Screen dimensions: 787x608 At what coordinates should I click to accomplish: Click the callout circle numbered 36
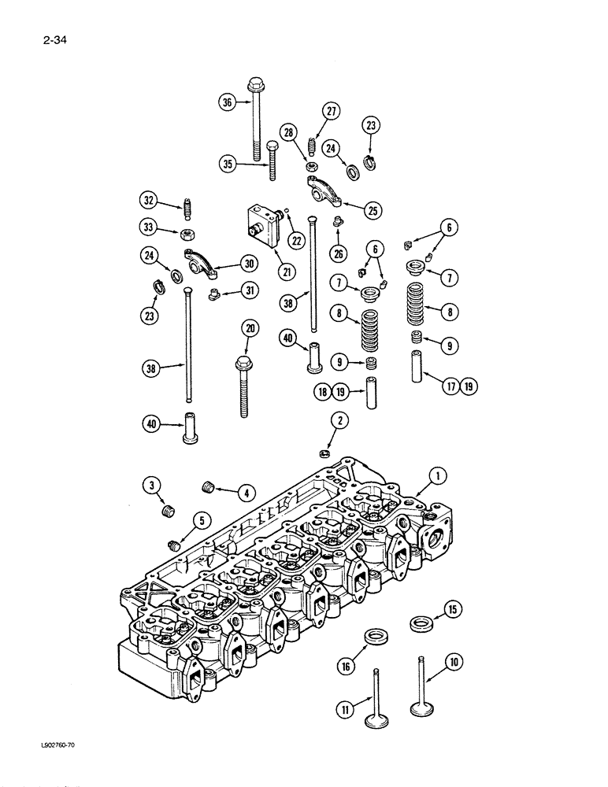click(x=227, y=102)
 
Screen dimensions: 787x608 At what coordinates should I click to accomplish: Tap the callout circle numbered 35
click(x=227, y=164)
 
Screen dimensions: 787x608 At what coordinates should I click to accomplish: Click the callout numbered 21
click(x=284, y=272)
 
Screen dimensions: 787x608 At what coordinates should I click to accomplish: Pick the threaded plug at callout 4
click(x=209, y=488)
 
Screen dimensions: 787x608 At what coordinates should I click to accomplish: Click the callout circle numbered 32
click(x=147, y=198)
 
